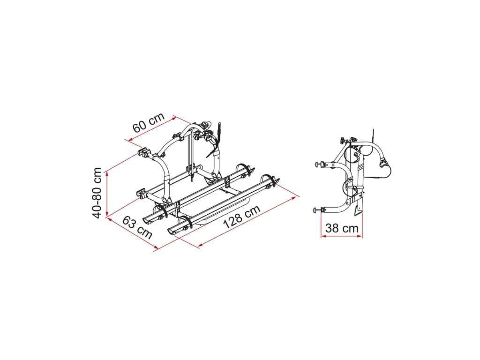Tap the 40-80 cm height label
[x=97, y=193]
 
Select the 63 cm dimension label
[x=137, y=227]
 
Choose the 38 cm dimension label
[x=342, y=228]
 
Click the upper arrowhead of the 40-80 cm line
[x=107, y=174]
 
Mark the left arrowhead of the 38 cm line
[x=323, y=236]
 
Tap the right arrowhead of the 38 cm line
[x=360, y=236]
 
